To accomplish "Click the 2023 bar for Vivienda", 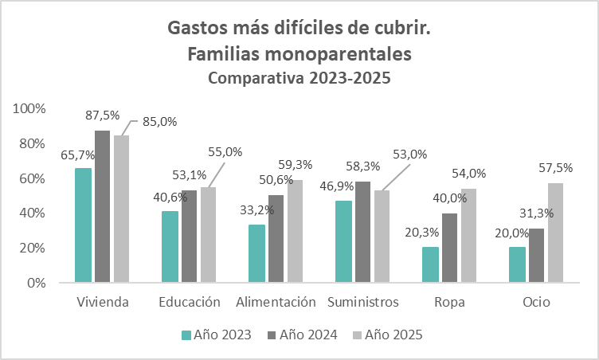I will click(83, 225).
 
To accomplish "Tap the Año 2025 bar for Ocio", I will click(554, 233).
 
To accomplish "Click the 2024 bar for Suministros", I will click(362, 232).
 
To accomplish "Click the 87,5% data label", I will click(103, 115).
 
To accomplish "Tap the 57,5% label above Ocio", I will click(554, 169).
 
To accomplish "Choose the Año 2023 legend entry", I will click(217, 335).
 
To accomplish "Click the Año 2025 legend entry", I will click(387, 335).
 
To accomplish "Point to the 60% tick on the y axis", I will click(34, 178).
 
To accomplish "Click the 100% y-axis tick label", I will click(32, 108).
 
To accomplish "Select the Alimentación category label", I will click(276, 303).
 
